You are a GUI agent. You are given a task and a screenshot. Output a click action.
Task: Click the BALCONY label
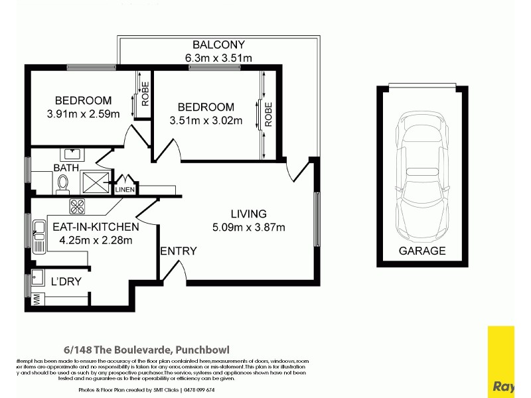tap(218, 45)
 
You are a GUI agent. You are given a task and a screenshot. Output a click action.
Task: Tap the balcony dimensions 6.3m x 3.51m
tap(218, 58)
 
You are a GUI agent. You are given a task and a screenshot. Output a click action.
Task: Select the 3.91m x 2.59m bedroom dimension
tap(83, 113)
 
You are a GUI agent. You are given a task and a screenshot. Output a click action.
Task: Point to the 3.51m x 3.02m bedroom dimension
tap(206, 120)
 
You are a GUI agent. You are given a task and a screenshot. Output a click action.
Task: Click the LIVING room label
tap(248, 214)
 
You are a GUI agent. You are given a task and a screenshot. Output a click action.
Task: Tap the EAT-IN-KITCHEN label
tap(96, 227)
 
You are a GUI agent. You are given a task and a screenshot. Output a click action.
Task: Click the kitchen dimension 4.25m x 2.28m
tap(96, 239)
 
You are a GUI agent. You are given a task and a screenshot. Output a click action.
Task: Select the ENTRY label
tap(179, 251)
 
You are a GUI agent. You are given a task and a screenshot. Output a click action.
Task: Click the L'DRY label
tap(66, 281)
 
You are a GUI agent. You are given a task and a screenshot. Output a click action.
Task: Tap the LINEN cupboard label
tap(125, 190)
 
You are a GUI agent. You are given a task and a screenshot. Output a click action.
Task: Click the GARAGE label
tap(422, 251)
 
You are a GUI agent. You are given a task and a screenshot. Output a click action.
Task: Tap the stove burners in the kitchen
tap(78, 206)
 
